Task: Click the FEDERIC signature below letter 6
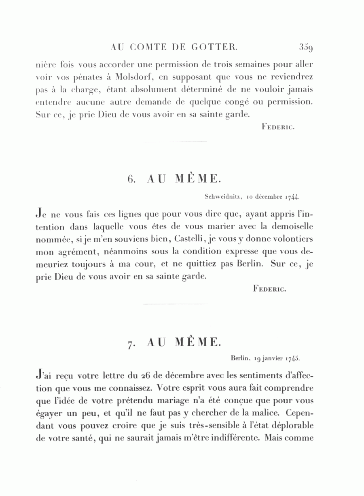pos(270,289)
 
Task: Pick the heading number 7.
pos(130,343)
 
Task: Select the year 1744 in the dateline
pos(292,198)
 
